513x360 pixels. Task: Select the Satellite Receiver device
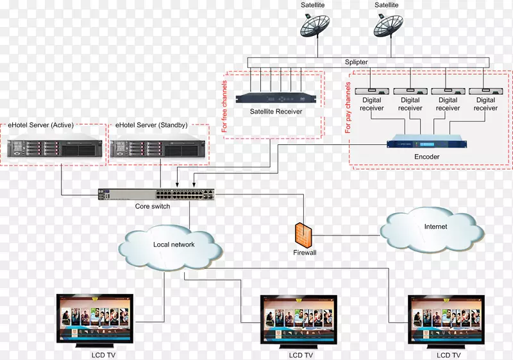(x=276, y=98)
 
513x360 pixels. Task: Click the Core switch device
(x=157, y=194)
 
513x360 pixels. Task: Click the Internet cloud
(x=435, y=228)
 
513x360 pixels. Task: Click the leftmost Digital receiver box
(x=372, y=91)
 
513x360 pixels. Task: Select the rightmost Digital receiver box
(x=485, y=91)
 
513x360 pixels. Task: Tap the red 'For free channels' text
(x=224, y=107)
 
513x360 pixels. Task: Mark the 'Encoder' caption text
(x=426, y=157)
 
